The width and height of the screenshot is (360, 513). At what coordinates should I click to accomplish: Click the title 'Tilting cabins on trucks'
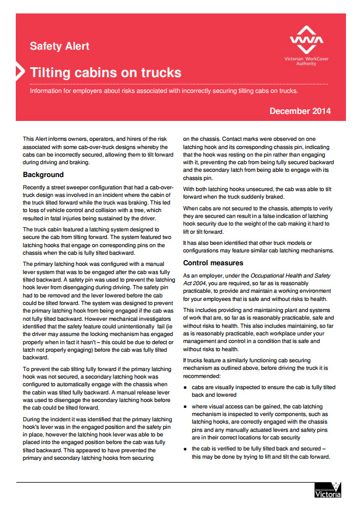pyautogui.click(x=105, y=73)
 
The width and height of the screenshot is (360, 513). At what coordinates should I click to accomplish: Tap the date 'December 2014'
pyautogui.click(x=300, y=111)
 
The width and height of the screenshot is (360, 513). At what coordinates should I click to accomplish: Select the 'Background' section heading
pyautogui.click(x=43, y=175)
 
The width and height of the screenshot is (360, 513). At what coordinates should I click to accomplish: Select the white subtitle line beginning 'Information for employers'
pyautogui.click(x=164, y=91)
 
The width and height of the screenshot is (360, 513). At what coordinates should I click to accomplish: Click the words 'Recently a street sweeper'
pyautogui.click(x=59, y=186)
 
